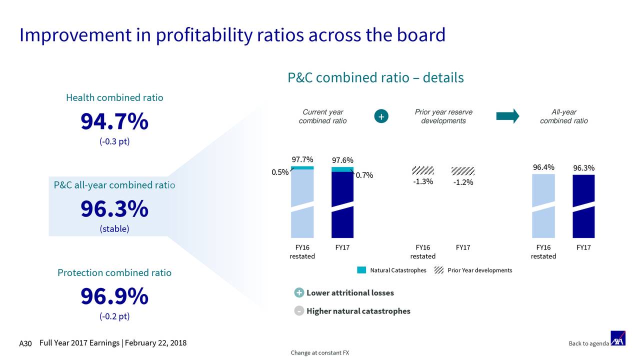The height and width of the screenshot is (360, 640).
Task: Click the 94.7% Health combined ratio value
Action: click(x=114, y=122)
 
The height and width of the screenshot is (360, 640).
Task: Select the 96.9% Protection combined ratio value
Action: click(x=114, y=297)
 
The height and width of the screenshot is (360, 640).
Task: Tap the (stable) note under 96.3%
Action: click(x=114, y=229)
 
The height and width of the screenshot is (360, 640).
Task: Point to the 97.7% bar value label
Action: click(x=302, y=159)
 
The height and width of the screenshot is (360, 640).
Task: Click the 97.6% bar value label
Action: click(x=342, y=160)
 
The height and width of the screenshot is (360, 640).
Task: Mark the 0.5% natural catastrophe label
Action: click(x=279, y=172)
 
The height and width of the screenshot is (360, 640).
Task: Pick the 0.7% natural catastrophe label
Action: click(x=364, y=175)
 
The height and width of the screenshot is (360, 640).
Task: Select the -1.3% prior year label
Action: click(x=423, y=181)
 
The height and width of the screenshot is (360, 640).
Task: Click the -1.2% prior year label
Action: click(x=463, y=182)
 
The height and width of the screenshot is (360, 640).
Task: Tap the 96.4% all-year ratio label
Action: click(x=543, y=167)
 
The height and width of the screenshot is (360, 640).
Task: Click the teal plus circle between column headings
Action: click(x=381, y=116)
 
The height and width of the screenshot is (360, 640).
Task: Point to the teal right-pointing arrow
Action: click(x=507, y=116)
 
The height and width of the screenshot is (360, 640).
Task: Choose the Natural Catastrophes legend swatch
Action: click(x=362, y=270)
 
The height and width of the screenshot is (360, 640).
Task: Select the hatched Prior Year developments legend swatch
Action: click(x=439, y=270)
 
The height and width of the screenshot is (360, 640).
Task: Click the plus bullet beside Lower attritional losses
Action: click(x=298, y=293)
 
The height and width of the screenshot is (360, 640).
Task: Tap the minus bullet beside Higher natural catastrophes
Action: click(x=298, y=311)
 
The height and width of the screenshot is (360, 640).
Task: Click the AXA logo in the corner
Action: click(x=618, y=338)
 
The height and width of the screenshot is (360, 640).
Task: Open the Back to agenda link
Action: click(x=588, y=343)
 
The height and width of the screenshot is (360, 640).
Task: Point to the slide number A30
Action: click(x=25, y=343)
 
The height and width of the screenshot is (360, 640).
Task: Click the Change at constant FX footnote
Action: click(x=320, y=353)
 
